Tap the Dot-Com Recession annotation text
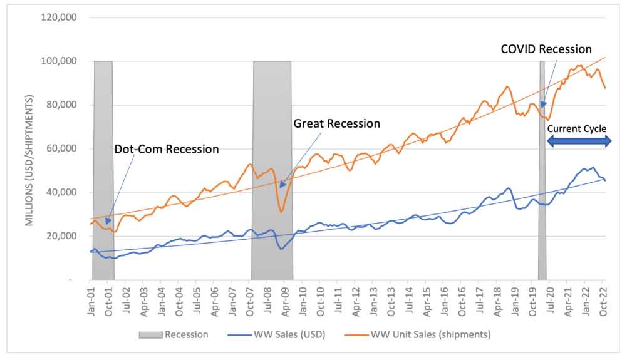[x=166, y=150]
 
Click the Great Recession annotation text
[x=336, y=124]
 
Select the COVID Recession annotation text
[x=545, y=49]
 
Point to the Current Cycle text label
[x=576, y=129]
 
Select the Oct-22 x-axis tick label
[x=604, y=299]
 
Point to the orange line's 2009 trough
[x=281, y=212]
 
